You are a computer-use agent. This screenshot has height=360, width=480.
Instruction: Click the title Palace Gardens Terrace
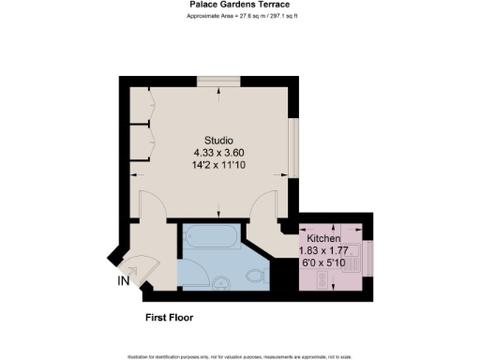(x=239, y=6)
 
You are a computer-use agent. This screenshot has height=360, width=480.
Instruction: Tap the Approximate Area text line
(x=239, y=17)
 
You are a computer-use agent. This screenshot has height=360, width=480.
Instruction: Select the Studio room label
(x=218, y=140)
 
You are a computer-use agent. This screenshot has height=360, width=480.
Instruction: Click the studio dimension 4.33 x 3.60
(x=218, y=152)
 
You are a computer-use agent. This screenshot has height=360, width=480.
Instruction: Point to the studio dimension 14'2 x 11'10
(x=218, y=164)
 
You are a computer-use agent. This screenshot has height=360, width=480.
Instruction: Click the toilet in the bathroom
(x=254, y=276)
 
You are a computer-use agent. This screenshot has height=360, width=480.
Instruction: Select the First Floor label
(x=170, y=319)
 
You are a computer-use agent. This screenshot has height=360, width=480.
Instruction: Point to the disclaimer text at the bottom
(x=239, y=356)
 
